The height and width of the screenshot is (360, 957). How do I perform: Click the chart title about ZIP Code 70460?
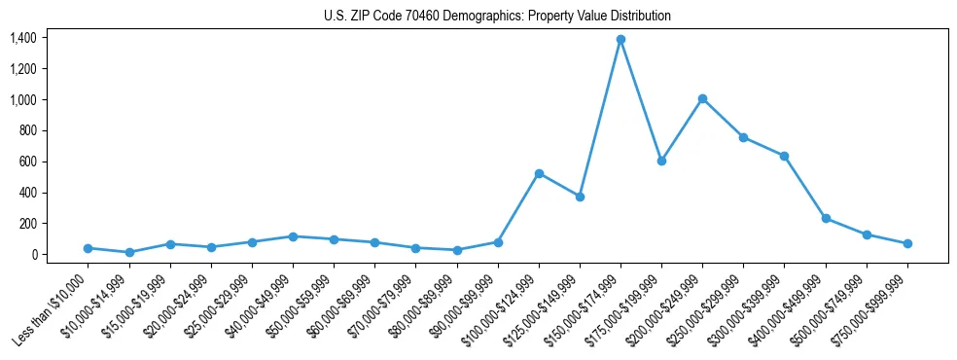coord(497,17)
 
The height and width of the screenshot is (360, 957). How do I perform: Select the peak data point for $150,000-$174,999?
coord(620,39)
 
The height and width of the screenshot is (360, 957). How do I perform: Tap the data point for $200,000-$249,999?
coord(702,98)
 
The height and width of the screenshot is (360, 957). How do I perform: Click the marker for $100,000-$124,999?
coord(539,173)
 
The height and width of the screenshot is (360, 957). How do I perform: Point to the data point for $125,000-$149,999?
coord(580,197)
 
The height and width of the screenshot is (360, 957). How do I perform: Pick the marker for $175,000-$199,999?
coord(661,161)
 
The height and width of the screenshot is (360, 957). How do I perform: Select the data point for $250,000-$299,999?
coord(743,137)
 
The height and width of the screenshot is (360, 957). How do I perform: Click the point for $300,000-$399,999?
coord(784,156)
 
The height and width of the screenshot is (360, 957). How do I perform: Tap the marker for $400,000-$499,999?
coord(826,219)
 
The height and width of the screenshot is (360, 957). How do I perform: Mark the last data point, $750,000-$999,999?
coord(907,243)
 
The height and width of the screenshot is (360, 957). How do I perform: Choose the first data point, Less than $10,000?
coord(88,248)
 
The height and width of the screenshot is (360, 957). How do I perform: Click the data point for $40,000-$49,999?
coord(293,236)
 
